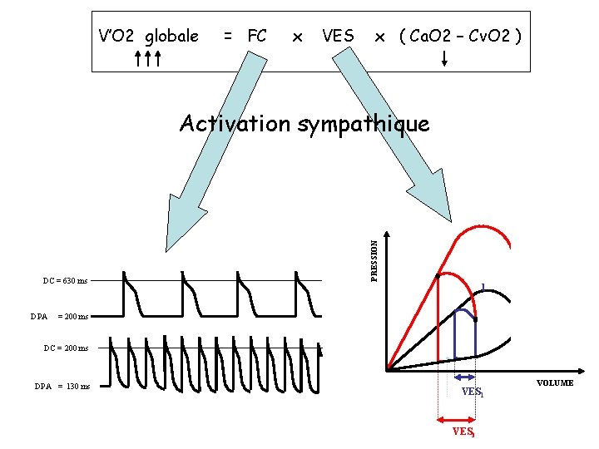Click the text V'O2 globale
pos(148,36)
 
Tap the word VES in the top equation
pos(338,36)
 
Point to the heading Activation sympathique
pos(304,124)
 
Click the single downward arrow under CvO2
pos(444,58)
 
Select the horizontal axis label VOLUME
pos(554,383)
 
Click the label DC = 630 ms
pos(65,281)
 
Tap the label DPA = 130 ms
pos(62,387)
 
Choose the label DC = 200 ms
pos(65,348)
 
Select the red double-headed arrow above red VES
pos(457,420)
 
